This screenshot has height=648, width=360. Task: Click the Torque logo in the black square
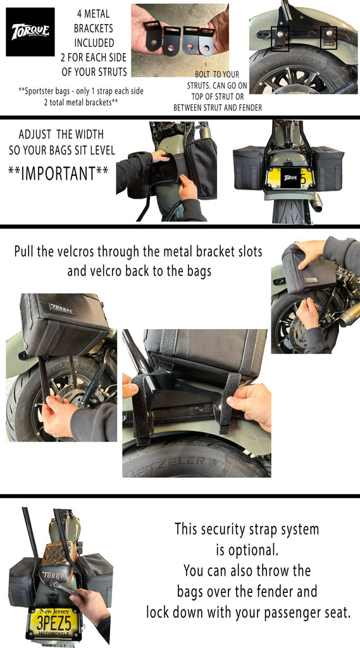click(x=30, y=32)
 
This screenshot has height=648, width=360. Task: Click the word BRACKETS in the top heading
click(x=94, y=29)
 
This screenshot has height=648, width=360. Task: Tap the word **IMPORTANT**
click(x=58, y=173)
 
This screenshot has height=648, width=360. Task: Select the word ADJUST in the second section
click(x=41, y=135)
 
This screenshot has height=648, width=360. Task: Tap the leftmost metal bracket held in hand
click(x=152, y=35)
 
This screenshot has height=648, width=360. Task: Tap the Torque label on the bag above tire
click(x=61, y=309)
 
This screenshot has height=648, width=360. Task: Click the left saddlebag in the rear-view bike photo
click(x=248, y=168)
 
